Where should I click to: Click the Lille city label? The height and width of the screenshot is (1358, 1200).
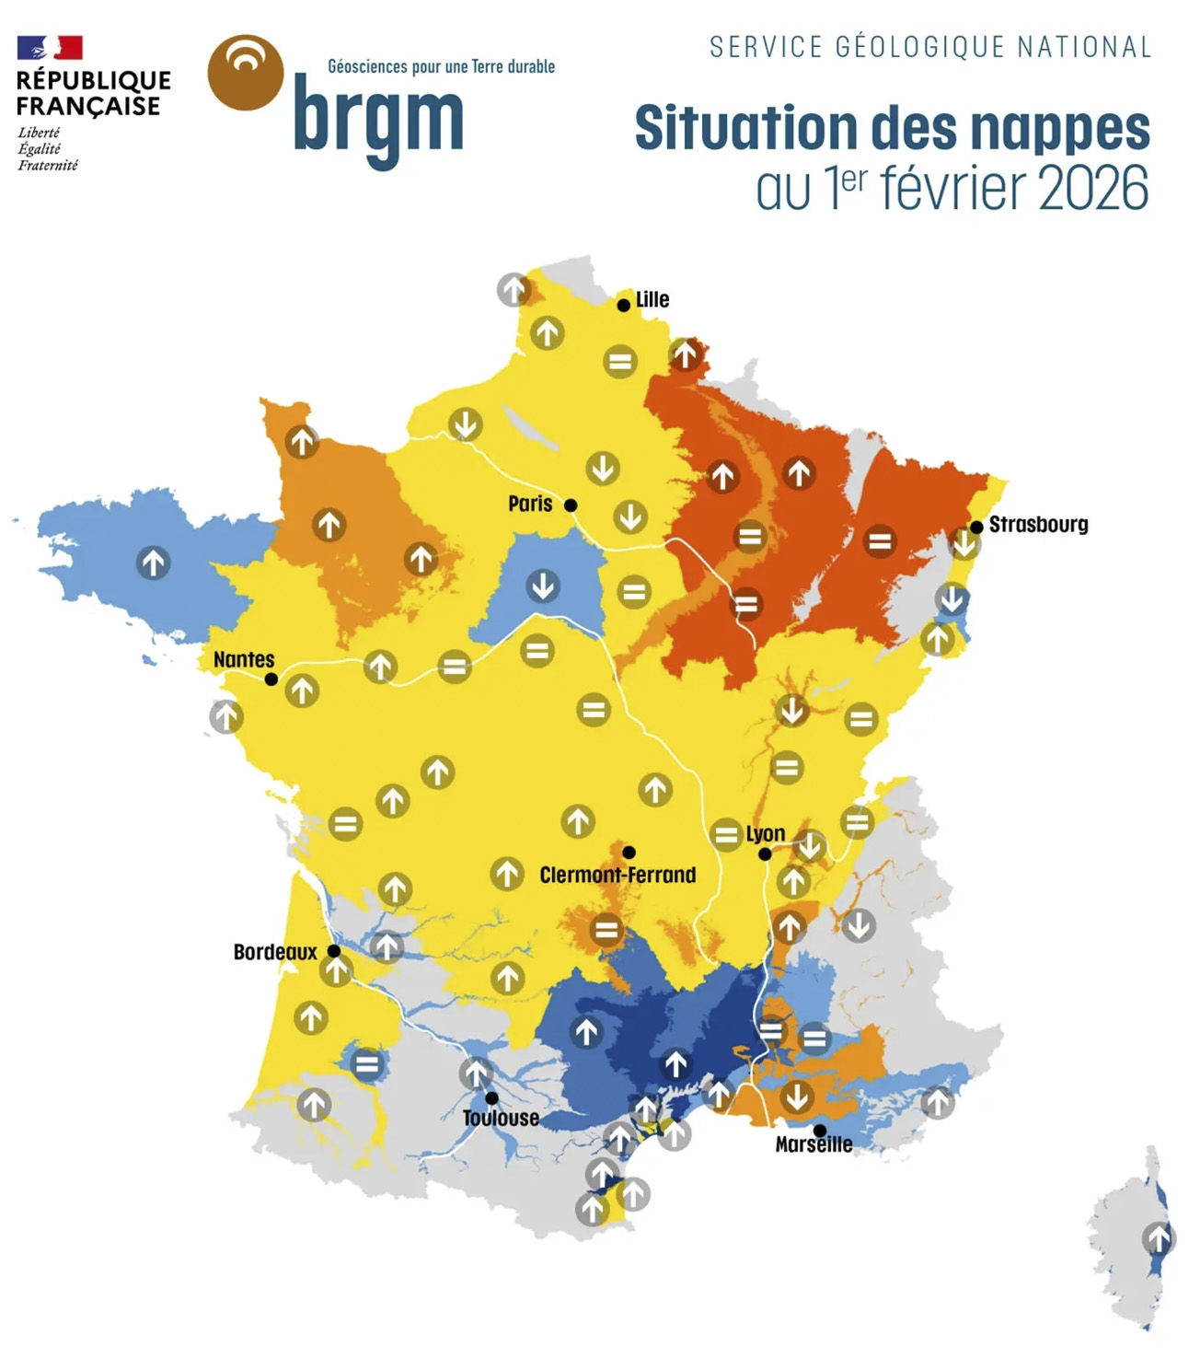point(652,299)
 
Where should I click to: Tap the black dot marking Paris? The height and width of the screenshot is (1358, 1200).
point(571,505)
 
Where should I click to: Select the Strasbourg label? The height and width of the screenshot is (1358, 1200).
point(1038,525)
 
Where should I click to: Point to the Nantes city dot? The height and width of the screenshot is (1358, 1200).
point(271,679)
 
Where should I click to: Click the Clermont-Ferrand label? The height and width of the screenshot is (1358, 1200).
point(617,875)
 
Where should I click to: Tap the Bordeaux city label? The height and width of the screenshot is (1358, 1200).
point(274,952)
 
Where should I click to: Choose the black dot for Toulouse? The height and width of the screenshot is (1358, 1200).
point(492,1097)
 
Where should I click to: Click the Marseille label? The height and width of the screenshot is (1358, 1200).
point(813,1144)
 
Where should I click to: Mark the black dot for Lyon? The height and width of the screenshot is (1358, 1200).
point(765,854)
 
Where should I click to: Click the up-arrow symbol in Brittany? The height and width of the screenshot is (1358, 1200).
point(154,562)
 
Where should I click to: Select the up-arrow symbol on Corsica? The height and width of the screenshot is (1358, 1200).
point(1159,1238)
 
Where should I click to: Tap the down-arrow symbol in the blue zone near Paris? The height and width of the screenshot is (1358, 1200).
point(543,585)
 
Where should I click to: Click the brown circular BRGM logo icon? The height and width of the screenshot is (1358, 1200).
point(246,73)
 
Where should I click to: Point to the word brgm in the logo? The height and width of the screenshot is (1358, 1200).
point(378,120)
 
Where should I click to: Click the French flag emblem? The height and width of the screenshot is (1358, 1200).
point(50,48)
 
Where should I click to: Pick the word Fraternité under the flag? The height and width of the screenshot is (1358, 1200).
point(48,166)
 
